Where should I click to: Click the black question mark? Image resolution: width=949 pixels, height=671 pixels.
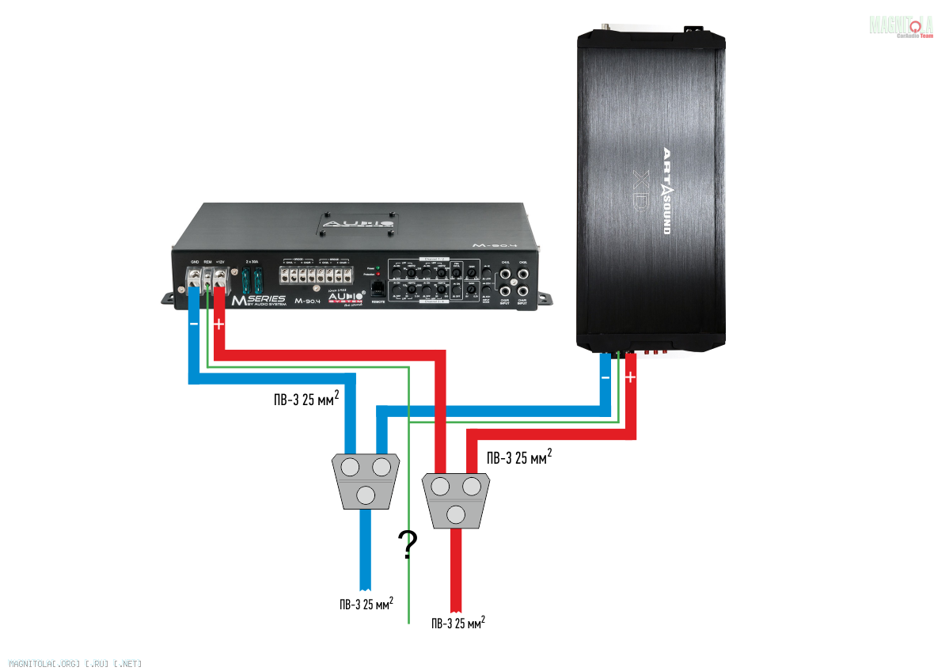point(408,544)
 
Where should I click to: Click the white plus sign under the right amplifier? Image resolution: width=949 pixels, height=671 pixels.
point(630,378)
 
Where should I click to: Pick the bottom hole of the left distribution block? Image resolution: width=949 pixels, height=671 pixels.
point(366,495)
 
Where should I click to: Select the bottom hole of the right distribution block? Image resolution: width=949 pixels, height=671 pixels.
point(455,514)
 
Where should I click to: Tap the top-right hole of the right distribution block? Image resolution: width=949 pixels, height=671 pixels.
point(472,485)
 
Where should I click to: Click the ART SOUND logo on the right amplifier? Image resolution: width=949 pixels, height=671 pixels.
point(666,190)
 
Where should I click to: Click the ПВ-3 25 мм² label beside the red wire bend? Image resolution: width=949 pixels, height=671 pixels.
point(518,458)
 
